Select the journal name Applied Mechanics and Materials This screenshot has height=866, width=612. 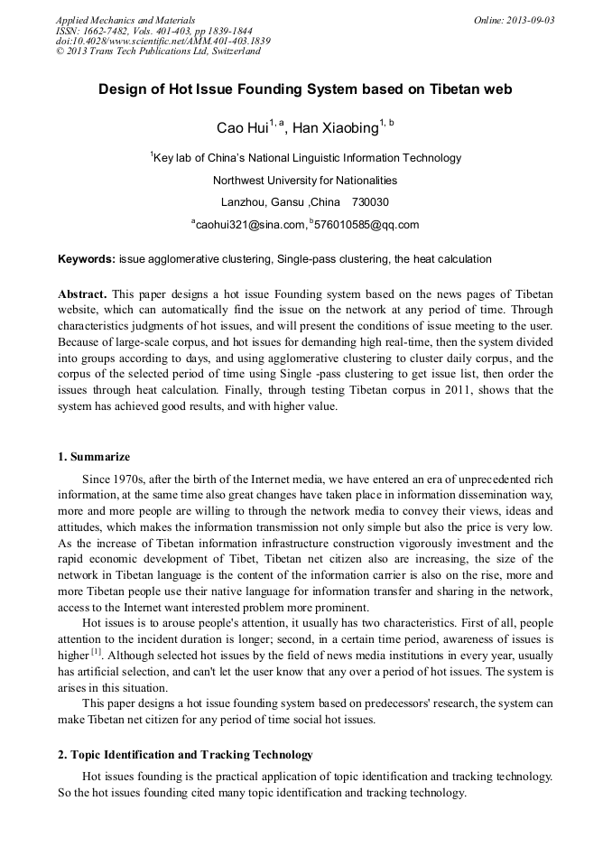coord(125,20)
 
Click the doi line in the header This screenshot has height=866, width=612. coord(162,41)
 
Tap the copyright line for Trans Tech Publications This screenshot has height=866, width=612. coord(158,51)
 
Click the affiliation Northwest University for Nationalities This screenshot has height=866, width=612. coord(305,180)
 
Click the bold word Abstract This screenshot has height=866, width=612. coord(82,294)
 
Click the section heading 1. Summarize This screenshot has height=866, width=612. coord(94,457)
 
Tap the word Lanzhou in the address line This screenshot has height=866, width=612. coord(241,201)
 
